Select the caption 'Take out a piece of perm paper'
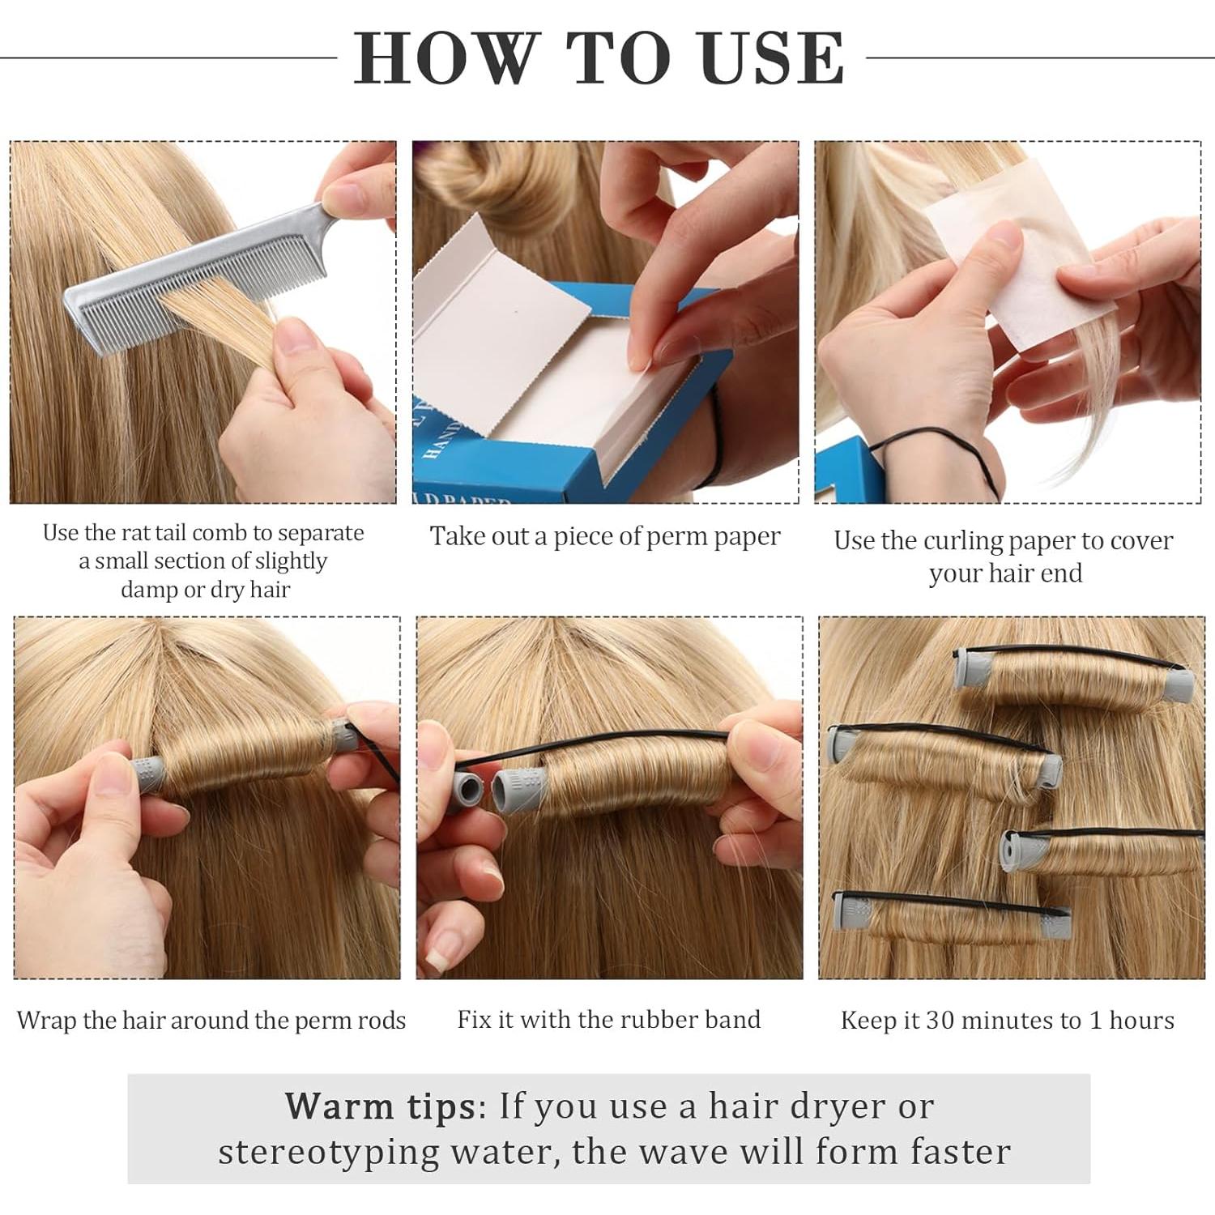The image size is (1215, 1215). pos(605,537)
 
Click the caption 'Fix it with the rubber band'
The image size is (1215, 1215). pos(609,1019)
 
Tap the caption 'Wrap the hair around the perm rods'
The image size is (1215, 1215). pos(211,1020)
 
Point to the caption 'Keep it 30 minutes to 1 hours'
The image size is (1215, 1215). pos(1008,1020)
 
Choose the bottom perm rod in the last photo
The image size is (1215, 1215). pos(953,916)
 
